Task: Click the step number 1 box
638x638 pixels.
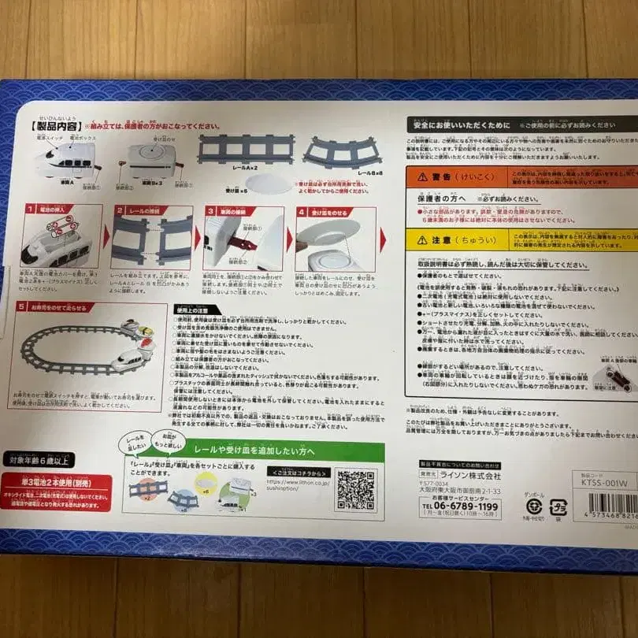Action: point(30,210)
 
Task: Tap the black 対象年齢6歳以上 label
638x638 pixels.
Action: point(40,459)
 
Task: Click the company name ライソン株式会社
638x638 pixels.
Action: point(470,476)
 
